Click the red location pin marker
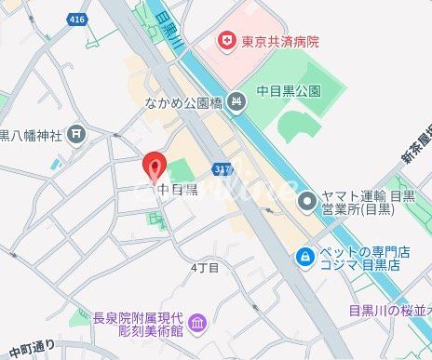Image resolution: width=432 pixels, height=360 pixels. click(x=155, y=167)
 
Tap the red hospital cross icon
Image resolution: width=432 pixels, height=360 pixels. click(x=224, y=40)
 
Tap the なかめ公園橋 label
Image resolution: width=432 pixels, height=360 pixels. click(x=183, y=103)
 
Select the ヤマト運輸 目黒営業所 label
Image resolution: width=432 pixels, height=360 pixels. click(x=369, y=203)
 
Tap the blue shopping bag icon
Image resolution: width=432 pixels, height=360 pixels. click(x=304, y=255)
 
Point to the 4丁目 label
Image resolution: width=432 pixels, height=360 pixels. click(x=204, y=268)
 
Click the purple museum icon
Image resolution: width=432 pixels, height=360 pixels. click(x=196, y=323)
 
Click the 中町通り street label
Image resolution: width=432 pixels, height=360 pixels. click(x=31, y=349)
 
